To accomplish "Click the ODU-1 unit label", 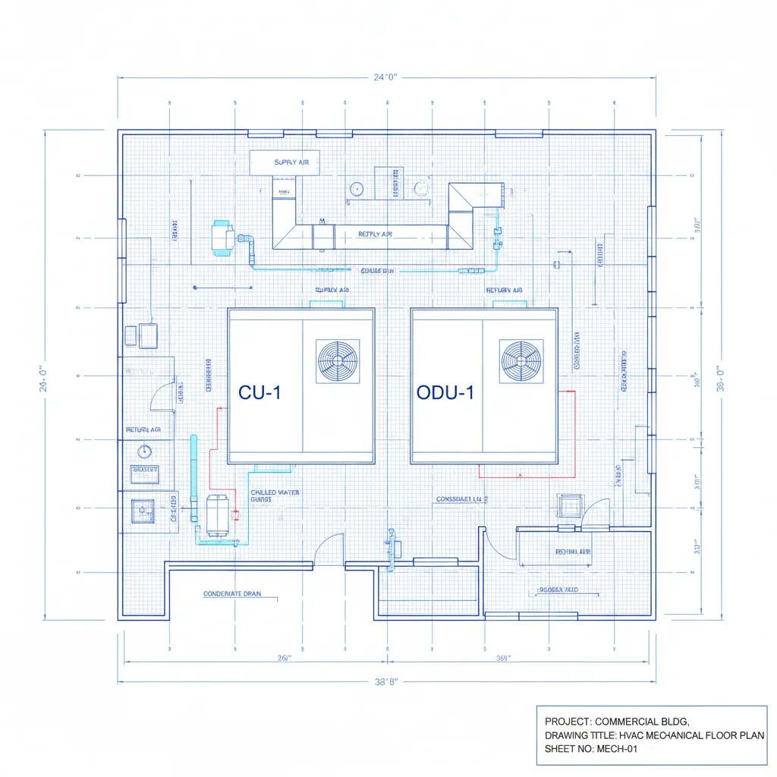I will tap(445, 392).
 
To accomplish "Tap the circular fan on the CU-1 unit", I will tap(338, 361).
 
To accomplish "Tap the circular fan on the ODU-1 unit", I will tap(521, 361).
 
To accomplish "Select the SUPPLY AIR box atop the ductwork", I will tap(285, 162).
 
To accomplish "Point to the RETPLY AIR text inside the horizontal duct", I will tap(375, 234).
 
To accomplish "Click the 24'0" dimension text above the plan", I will tap(386, 77).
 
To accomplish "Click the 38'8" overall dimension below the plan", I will tap(386, 682).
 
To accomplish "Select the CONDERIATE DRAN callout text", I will tap(232, 594).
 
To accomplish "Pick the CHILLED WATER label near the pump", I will tap(275, 493).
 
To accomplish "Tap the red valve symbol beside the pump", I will tap(235, 515).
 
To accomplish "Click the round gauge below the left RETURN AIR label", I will tap(144, 451).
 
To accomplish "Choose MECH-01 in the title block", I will tap(613, 749).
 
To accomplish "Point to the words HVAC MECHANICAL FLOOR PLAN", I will tap(691, 735).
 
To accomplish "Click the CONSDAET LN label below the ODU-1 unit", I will tap(461, 499).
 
